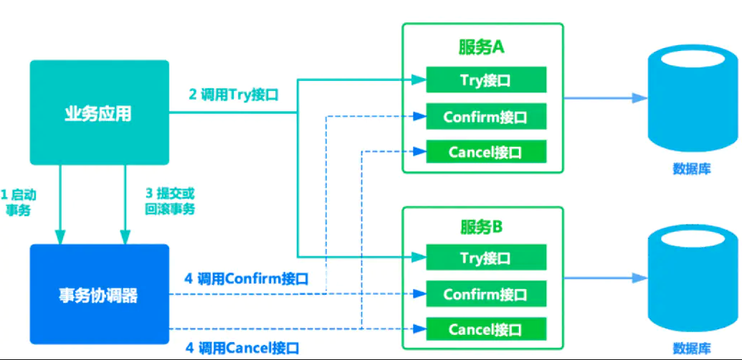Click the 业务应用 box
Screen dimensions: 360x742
pos(99,113)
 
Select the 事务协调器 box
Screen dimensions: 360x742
pos(99,294)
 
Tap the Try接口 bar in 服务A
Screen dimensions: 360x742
pos(486,80)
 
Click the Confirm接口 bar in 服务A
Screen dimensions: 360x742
pos(486,115)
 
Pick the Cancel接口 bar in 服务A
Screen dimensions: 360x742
pos(486,151)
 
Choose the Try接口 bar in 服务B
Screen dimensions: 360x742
pos(486,257)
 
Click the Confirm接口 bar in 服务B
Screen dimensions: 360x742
pos(486,293)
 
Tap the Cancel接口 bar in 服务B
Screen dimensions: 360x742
pos(486,329)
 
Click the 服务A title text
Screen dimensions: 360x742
pos(482,47)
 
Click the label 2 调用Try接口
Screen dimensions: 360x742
pos(233,95)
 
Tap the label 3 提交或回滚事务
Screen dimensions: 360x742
pos(169,202)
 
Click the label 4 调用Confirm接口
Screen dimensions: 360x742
pos(246,279)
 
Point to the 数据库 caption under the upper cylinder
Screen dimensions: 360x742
pos(692,169)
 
